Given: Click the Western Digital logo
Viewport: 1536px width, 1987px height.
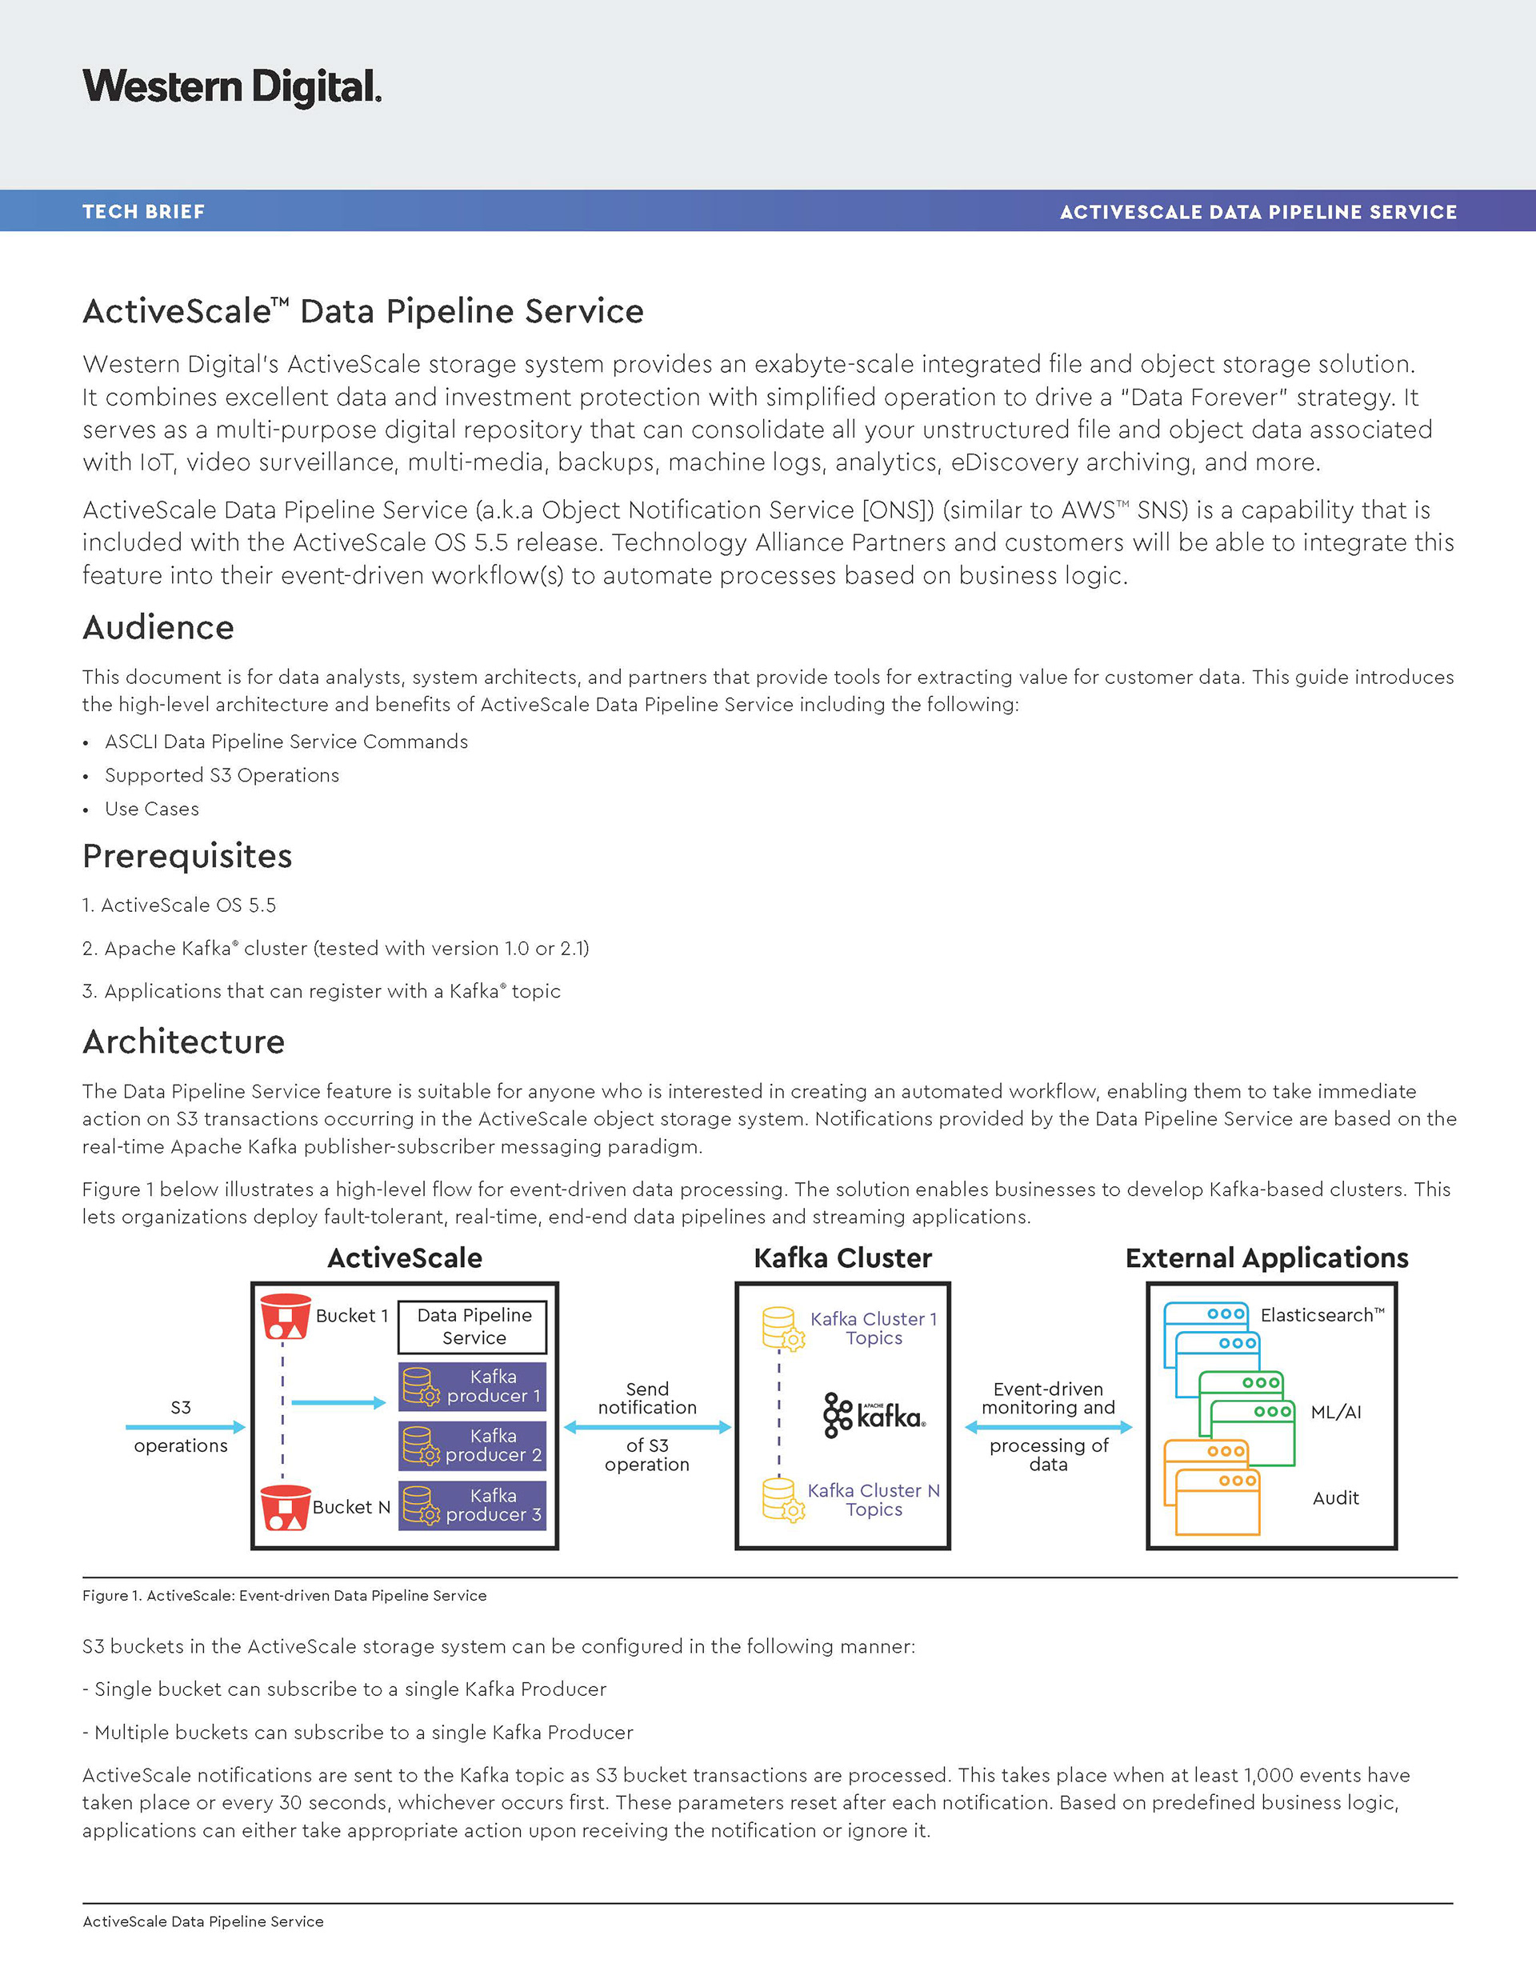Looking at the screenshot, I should (x=232, y=87).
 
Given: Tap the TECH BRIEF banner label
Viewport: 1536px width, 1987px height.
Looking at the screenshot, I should (x=144, y=212).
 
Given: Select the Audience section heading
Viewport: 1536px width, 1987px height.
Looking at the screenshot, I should (x=158, y=628).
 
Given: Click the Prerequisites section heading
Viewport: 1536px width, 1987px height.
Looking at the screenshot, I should (x=187, y=856).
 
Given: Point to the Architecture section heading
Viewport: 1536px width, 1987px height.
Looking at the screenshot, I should (x=184, y=1041).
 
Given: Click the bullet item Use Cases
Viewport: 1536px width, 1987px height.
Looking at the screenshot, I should (x=152, y=809).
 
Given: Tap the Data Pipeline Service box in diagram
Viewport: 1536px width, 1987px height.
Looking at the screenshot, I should (x=473, y=1326).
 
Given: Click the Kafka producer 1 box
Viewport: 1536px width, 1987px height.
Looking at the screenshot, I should (x=472, y=1386).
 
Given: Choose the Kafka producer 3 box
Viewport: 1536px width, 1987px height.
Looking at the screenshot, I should (x=472, y=1505).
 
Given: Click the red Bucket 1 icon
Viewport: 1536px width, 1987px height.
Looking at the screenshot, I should (x=286, y=1317).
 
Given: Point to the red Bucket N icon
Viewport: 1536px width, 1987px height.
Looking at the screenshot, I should (x=286, y=1508).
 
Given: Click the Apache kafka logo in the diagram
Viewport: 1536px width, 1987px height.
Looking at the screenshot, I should (x=874, y=1415).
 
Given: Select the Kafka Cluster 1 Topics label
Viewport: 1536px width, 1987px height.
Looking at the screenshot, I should (x=874, y=1329).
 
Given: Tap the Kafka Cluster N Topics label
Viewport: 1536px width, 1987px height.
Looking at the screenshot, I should (x=874, y=1499).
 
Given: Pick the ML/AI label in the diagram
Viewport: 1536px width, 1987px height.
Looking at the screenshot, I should (x=1336, y=1412).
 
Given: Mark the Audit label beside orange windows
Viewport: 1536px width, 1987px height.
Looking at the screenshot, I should (x=1336, y=1497).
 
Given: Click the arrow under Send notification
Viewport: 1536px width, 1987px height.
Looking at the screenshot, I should (x=647, y=1428).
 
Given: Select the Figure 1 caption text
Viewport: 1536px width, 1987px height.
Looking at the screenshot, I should (x=284, y=1596).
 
